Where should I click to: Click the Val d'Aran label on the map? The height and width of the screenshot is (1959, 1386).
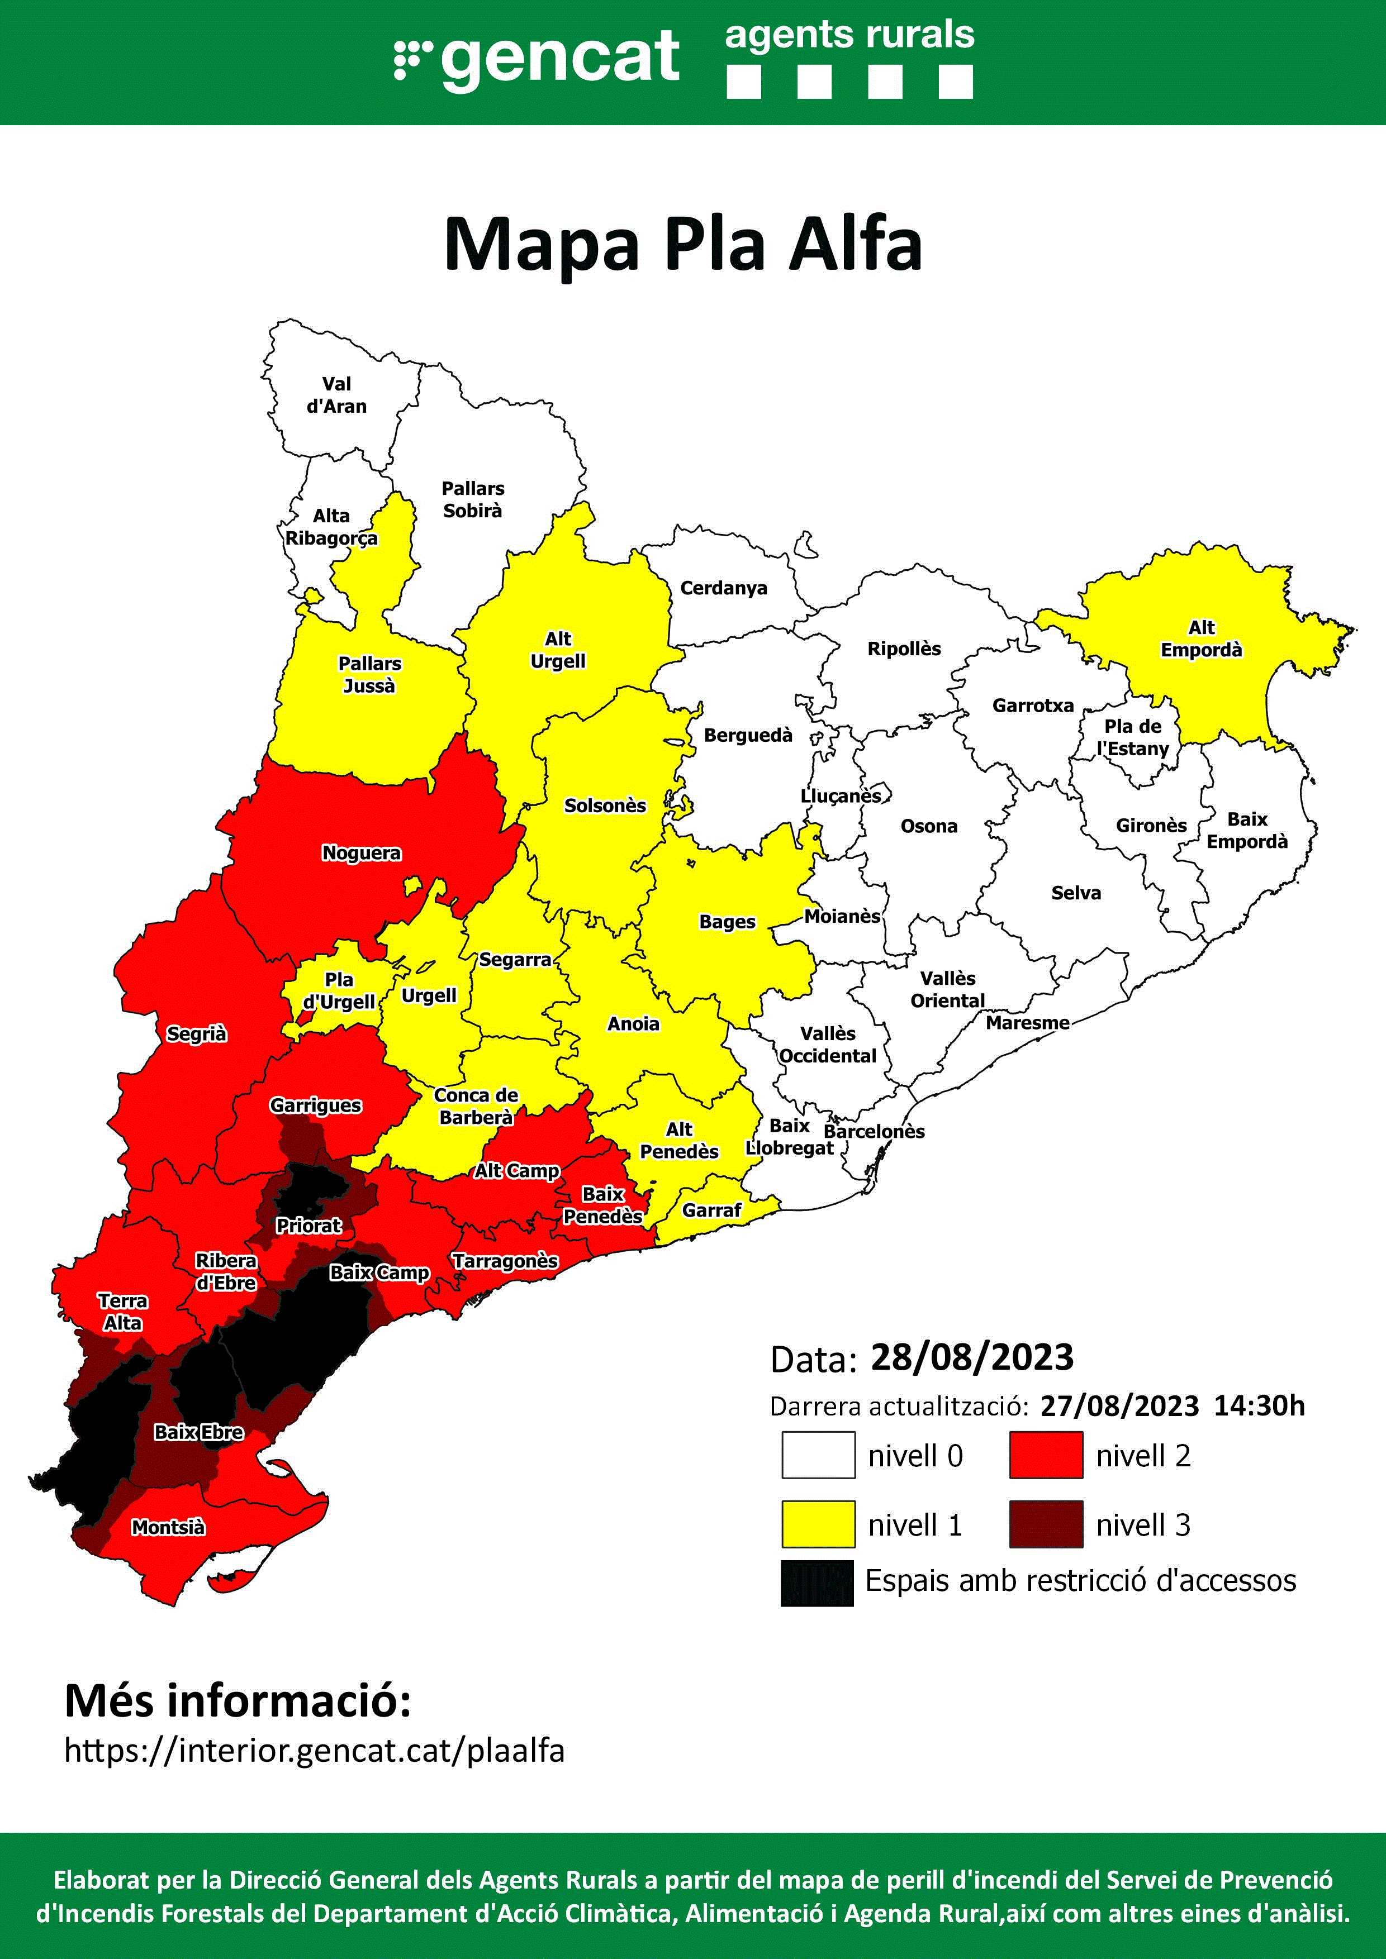click(x=336, y=395)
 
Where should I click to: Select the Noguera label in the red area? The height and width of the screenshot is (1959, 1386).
click(x=361, y=852)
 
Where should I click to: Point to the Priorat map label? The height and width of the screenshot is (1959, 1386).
click(x=308, y=1226)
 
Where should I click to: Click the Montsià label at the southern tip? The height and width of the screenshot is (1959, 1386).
click(x=168, y=1527)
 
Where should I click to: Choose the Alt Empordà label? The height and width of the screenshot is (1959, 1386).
click(x=1201, y=639)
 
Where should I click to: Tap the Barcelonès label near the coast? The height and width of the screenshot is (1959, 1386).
click(x=874, y=1131)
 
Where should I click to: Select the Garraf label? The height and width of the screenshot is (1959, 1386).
click(x=712, y=1210)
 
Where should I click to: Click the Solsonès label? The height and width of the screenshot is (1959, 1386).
click(x=605, y=805)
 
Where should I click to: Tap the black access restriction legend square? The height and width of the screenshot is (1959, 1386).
click(x=817, y=1584)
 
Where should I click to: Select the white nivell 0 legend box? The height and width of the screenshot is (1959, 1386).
click(x=818, y=1455)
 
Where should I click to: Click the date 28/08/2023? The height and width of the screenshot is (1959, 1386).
click(x=971, y=1357)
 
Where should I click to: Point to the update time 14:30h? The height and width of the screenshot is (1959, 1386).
click(x=1259, y=1405)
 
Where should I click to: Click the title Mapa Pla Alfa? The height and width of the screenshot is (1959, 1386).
click(x=683, y=245)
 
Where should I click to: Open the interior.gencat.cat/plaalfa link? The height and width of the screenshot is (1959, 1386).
click(x=314, y=1751)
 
